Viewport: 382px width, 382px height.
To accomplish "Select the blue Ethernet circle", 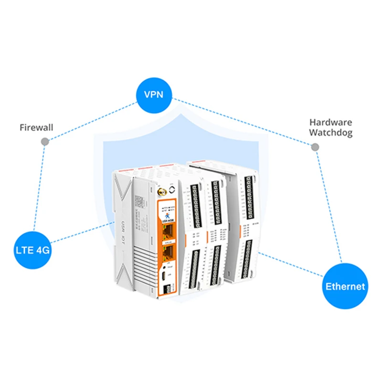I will (x=345, y=286).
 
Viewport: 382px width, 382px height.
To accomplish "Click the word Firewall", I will (x=36, y=127).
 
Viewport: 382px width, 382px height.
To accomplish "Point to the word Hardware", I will (x=330, y=122).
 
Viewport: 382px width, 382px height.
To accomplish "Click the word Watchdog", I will (x=330, y=133).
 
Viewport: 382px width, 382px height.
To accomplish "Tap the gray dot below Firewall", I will (x=44, y=142).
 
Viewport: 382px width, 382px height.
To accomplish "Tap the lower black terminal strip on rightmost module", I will (x=248, y=260).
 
